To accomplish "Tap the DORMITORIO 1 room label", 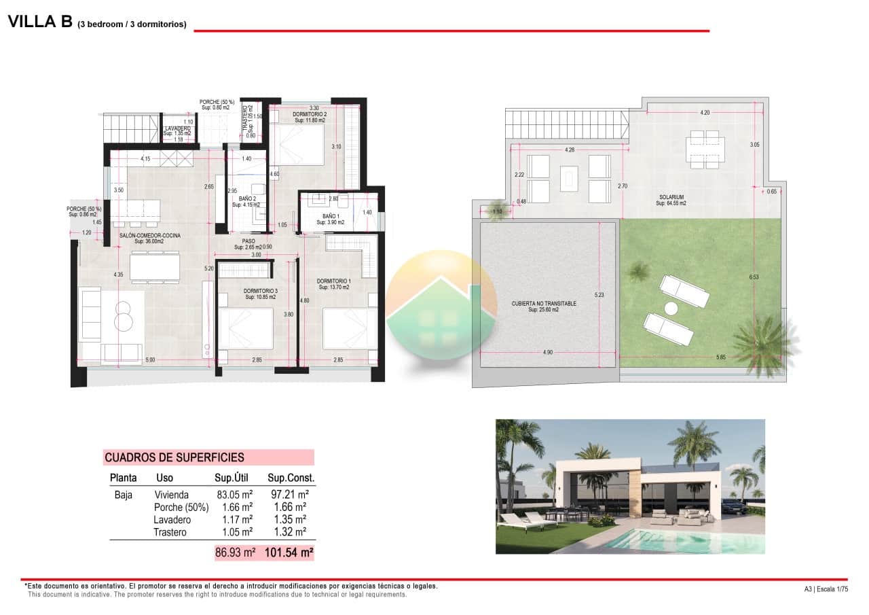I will coord(334,281).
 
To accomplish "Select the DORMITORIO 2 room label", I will coord(310,114).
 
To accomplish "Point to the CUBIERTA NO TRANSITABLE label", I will coord(544,304).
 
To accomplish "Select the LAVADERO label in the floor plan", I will coord(178,128).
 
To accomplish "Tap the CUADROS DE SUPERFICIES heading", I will coord(174,457).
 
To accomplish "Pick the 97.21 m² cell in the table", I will coord(289,495).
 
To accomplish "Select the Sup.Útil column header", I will coord(234,478).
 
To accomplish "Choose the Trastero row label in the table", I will coord(170,532).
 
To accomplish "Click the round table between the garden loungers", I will coord(671,308).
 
